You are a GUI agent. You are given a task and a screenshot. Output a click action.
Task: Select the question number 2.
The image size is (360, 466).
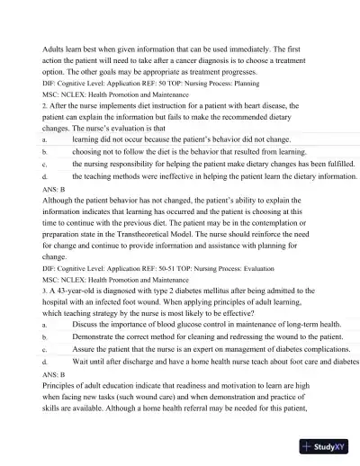[44, 105]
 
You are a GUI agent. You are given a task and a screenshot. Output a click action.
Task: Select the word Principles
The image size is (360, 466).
[62, 384]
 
